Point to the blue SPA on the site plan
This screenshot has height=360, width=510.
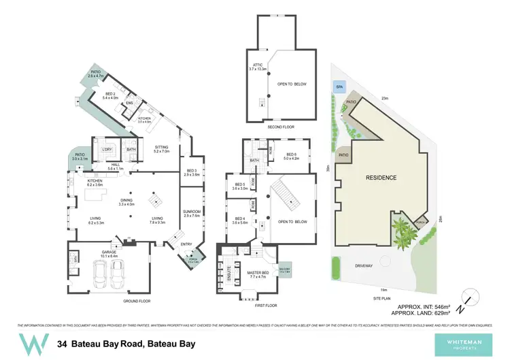point(339,86)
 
